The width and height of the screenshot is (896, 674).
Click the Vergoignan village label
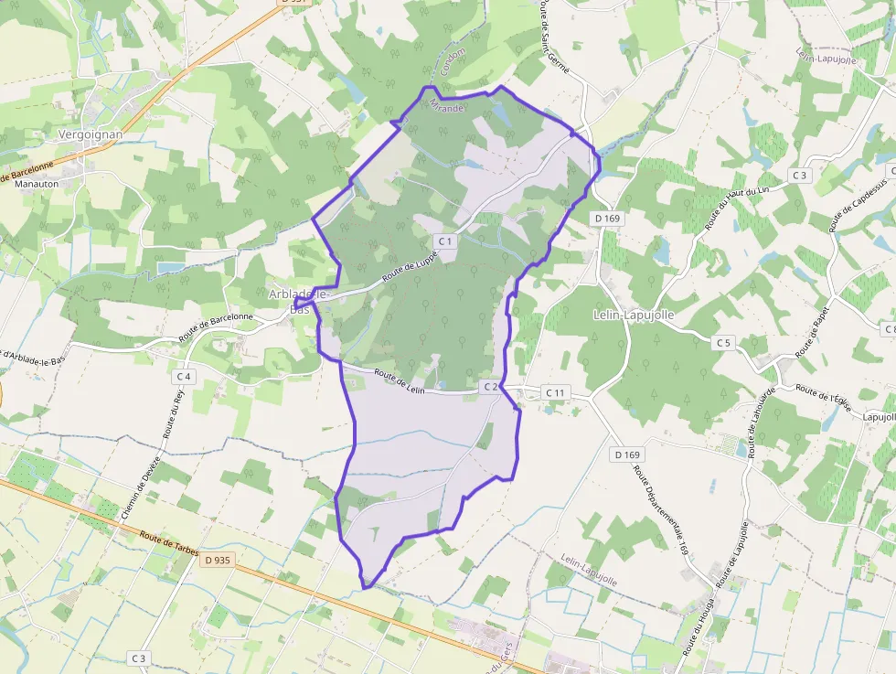(x=90, y=134)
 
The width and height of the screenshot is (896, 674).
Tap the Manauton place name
(x=37, y=184)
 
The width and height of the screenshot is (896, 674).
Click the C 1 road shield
(x=445, y=241)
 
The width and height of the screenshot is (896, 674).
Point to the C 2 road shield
(x=490, y=387)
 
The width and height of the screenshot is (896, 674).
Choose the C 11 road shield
(x=555, y=392)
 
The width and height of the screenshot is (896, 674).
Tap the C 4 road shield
(x=183, y=376)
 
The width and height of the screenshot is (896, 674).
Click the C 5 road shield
(x=724, y=342)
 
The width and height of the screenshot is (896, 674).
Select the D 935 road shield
(x=217, y=560)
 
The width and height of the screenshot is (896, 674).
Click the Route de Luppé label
(x=410, y=267)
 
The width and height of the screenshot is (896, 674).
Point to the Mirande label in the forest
(x=448, y=107)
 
